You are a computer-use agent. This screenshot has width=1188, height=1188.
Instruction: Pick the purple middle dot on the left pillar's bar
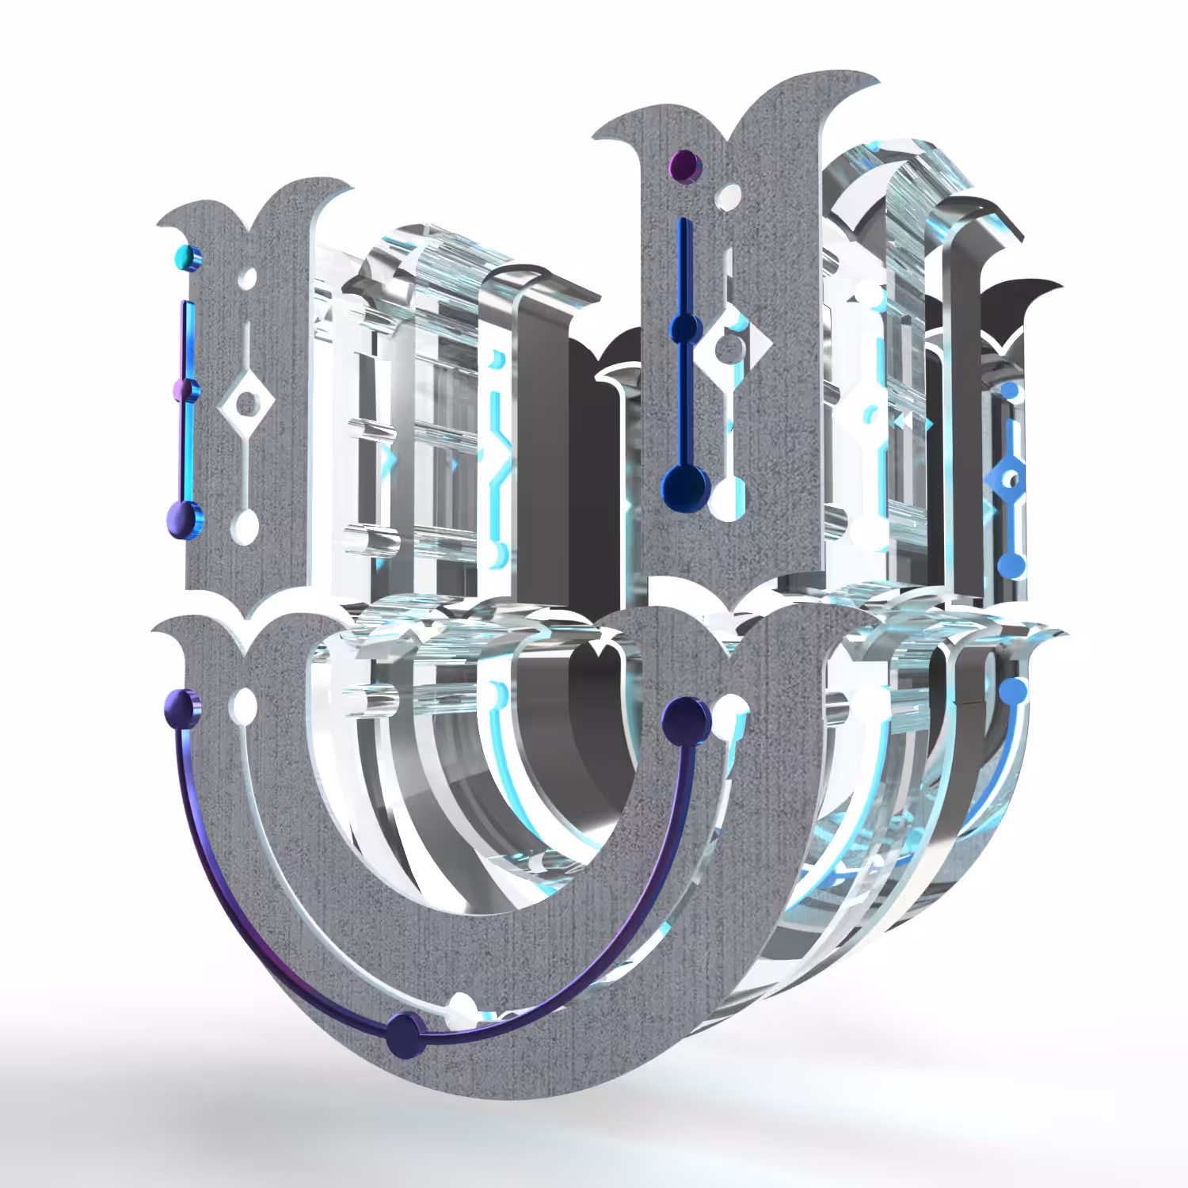click(185, 389)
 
